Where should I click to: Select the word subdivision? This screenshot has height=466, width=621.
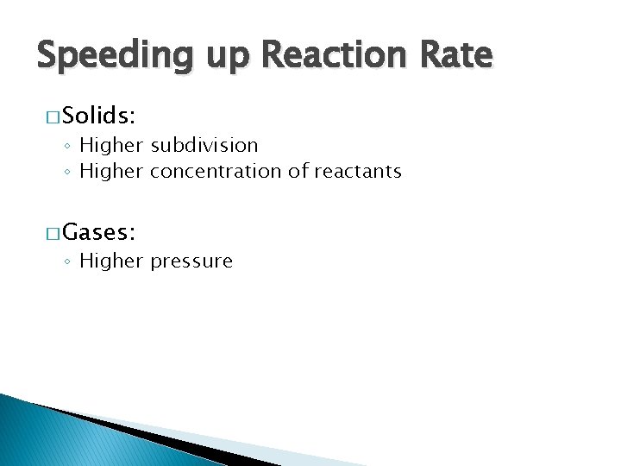click(x=204, y=145)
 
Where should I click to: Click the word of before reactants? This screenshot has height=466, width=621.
click(x=298, y=171)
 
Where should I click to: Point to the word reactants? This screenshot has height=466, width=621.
click(x=357, y=172)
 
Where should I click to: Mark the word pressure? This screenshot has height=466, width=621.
click(x=191, y=261)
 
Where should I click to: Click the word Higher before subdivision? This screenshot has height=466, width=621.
click(x=111, y=145)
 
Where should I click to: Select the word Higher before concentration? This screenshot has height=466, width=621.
click(x=111, y=171)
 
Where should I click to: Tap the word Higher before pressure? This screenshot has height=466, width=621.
click(x=111, y=261)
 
